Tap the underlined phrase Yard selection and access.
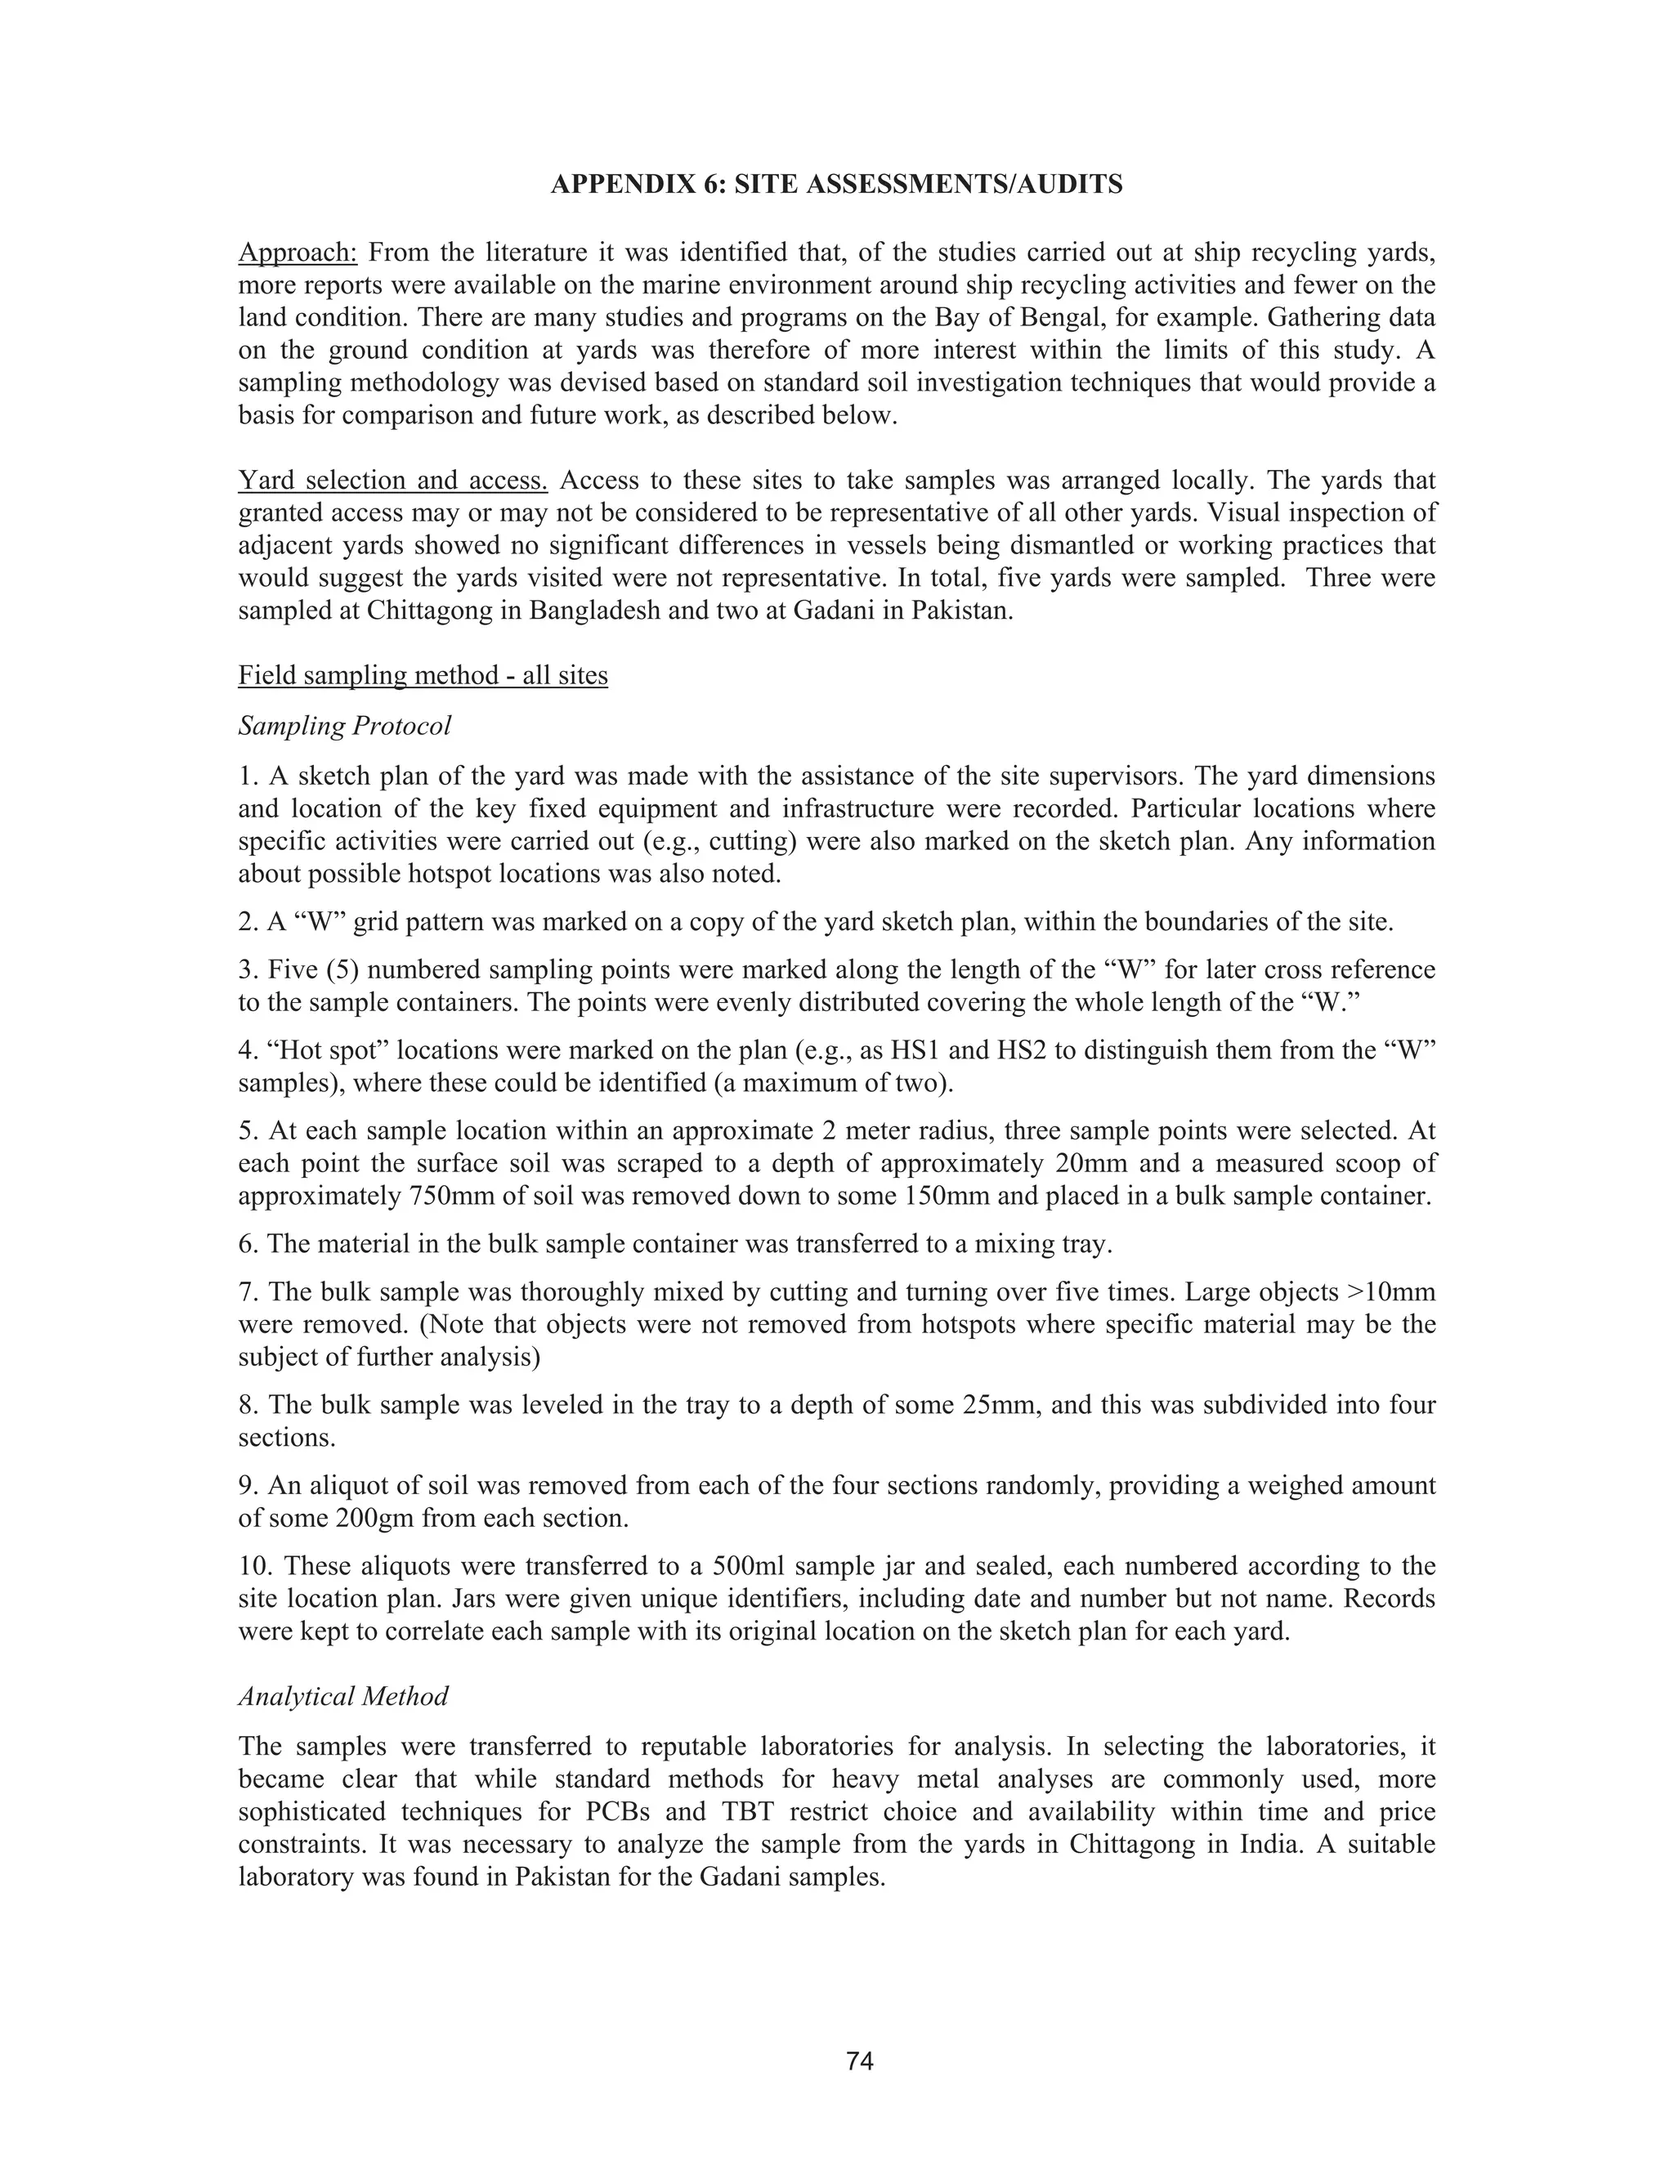[x=392, y=481]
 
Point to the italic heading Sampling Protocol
[x=344, y=726]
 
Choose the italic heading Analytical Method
[x=343, y=1697]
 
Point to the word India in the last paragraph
[x=1273, y=1845]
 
